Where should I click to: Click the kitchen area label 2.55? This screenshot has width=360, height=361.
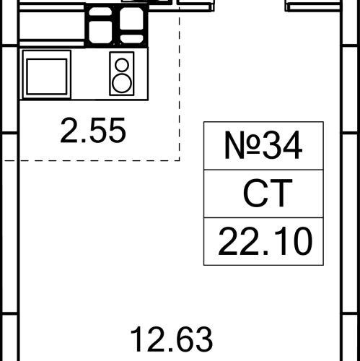pyautogui.click(x=93, y=130)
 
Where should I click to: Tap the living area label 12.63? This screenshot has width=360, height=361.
pyautogui.click(x=172, y=339)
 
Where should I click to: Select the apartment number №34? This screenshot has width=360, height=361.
pyautogui.click(x=263, y=145)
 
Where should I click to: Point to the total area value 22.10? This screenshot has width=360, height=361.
pyautogui.click(x=265, y=241)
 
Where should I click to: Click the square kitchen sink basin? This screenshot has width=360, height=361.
pyautogui.click(x=47, y=77)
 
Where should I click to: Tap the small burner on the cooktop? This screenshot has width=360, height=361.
pyautogui.click(x=122, y=65)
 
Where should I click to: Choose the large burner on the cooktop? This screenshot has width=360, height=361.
pyautogui.click(x=122, y=83)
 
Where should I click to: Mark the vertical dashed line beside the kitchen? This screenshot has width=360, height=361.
pyautogui.click(x=180, y=84)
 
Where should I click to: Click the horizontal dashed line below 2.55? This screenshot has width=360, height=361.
pyautogui.click(x=92, y=160)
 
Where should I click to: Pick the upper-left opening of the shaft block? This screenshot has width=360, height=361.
pyautogui.click(x=100, y=12)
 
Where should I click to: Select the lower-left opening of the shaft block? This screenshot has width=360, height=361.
pyautogui.click(x=100, y=32)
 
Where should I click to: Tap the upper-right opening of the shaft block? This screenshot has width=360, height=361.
pyautogui.click(x=131, y=18)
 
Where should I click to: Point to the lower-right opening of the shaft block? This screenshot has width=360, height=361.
pyautogui.click(x=131, y=39)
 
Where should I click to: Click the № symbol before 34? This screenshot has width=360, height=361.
pyautogui.click(x=242, y=145)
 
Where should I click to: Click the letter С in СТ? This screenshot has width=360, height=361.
pyautogui.click(x=255, y=193)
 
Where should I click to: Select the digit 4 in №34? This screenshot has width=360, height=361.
pyautogui.click(x=292, y=145)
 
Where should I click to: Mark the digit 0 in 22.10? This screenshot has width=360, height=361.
pyautogui.click(x=302, y=241)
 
